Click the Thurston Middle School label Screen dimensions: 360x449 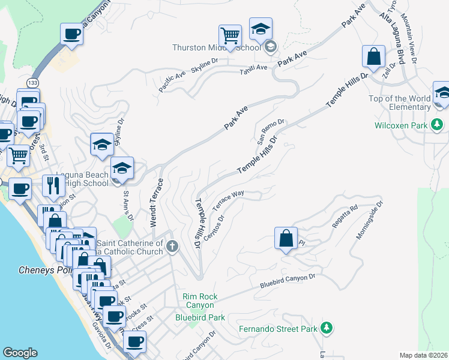point(217,48)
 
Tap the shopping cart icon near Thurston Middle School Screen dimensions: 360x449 point(230,35)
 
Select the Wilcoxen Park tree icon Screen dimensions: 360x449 point(438,125)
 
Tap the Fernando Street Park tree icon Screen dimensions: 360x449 point(326,328)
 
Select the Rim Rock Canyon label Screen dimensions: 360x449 point(200,301)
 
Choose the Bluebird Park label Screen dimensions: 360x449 point(200,317)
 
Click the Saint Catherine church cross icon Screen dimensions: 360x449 point(172,246)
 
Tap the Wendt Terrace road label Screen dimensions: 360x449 point(153,202)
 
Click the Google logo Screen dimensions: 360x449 point(20,353)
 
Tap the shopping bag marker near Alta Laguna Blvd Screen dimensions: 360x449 point(373,57)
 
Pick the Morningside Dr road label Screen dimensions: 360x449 point(369,220)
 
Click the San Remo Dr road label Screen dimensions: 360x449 point(270,131)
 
